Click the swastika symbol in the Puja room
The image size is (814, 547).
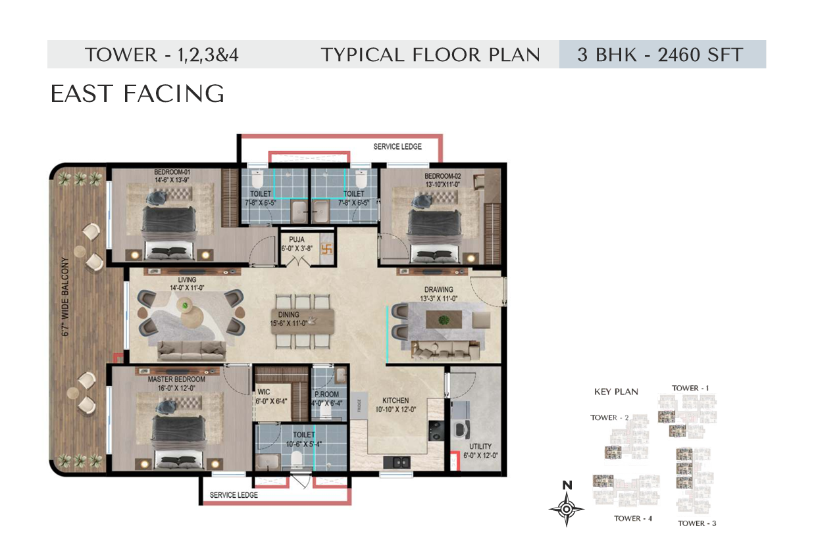coord(326,249)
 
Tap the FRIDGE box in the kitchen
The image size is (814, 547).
coord(359,404)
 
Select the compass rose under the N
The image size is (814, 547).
coord(567,510)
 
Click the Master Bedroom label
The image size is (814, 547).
coord(176,379)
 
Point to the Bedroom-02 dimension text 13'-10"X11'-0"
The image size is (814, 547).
coord(443,184)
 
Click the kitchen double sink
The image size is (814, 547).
coord(397,462)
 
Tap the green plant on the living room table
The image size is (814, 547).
coord(186,305)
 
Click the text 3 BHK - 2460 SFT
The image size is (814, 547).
coord(660,55)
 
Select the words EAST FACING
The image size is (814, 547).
coord(138,93)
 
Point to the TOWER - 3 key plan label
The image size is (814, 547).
coord(697,523)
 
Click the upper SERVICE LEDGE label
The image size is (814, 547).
coord(397,147)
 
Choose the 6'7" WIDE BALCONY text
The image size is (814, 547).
coord(65,297)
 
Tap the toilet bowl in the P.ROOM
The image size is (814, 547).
coord(326,412)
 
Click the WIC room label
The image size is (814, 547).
coord(263,392)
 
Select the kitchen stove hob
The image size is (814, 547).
coord(436,431)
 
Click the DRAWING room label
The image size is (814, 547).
coord(439,290)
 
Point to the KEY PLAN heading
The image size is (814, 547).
coord(616,392)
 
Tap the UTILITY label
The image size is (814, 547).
coord(480,446)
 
